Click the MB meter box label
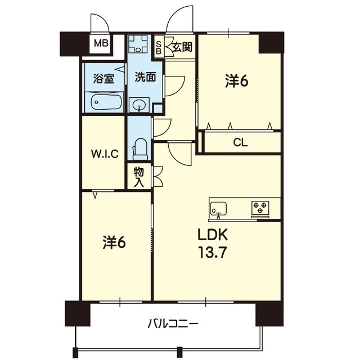pyautogui.click(x=101, y=43)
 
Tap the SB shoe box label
pyautogui.click(x=159, y=48)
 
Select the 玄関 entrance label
pyautogui.click(x=182, y=47)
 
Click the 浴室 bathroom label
pyautogui.click(x=103, y=78)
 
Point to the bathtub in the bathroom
pyautogui.click(x=104, y=102)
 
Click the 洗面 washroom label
pyautogui.click(x=145, y=77)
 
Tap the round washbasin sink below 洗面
pyautogui.click(x=139, y=105)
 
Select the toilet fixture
pyautogui.click(x=140, y=149)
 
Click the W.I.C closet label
pyautogui.click(x=105, y=154)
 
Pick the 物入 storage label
pyautogui.click(x=139, y=177)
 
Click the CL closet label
pyautogui.click(x=240, y=143)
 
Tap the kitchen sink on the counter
pyautogui.click(x=218, y=209)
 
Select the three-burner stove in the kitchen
pyautogui.click(x=260, y=208)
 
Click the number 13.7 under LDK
pyautogui.click(x=213, y=253)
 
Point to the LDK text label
pyautogui.click(x=213, y=235)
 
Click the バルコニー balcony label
pyautogui.click(x=173, y=324)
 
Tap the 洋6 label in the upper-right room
pyautogui.click(x=236, y=81)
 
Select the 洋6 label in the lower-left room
pyautogui.click(x=114, y=242)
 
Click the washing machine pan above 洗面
pyautogui.click(x=138, y=44)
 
